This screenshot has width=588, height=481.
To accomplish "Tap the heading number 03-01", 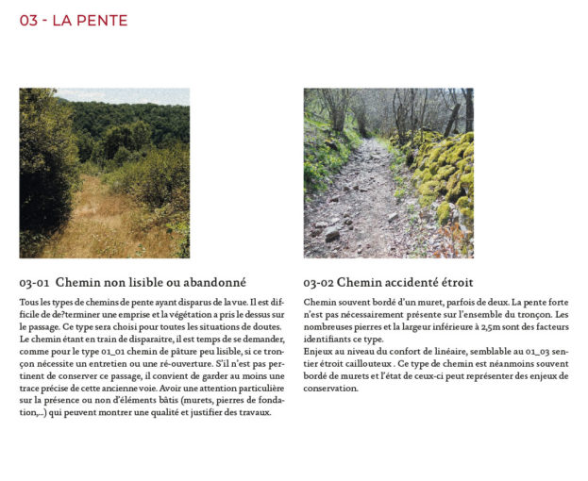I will point(34,282).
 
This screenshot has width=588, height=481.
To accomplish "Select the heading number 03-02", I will point(318,282).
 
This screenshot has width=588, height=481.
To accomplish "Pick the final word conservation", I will point(330,388).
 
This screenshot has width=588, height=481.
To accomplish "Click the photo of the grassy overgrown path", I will point(104,173).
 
